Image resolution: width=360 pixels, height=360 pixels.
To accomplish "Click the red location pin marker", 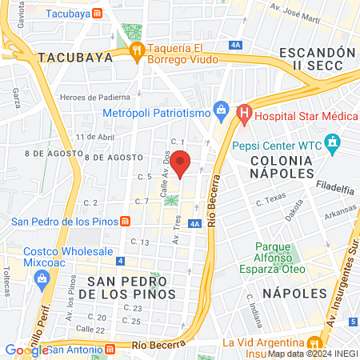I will coord(181,163).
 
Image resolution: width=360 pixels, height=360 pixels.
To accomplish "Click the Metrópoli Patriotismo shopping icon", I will coord(220,109).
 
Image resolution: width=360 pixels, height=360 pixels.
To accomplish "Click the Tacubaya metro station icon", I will coord(97,14).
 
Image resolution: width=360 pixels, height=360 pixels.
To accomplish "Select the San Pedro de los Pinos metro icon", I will coord(126,222).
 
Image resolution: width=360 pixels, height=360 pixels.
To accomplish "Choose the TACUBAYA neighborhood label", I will coord(71,57).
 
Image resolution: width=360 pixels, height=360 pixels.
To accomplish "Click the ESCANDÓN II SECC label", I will coord(317,58).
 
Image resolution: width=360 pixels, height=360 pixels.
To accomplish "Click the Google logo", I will coord(26,350).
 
